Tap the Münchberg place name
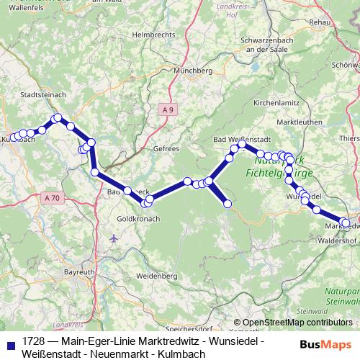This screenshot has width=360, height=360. click(193, 72)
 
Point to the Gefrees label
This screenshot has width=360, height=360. click(166, 148)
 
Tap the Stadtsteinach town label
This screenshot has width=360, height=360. click(44, 94)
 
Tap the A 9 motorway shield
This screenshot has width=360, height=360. click(168, 109)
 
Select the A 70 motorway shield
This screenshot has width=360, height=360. click(51, 197)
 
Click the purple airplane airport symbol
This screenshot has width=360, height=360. click(113, 238)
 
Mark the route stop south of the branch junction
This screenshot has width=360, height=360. click(228, 204)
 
